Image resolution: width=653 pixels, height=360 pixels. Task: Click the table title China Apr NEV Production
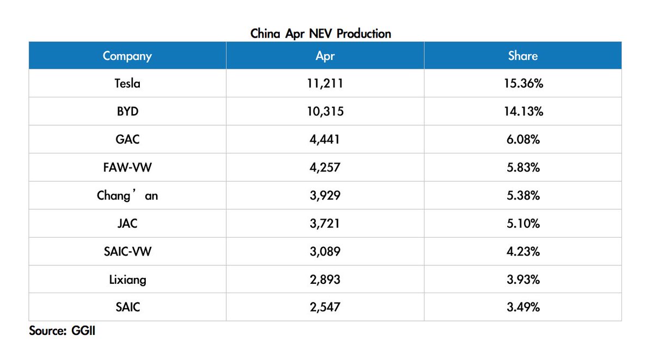[x=321, y=34]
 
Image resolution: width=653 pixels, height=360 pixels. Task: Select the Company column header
[x=127, y=56]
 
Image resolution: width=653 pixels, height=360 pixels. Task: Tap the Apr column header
[x=325, y=56]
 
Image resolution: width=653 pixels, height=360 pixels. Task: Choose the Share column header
[x=523, y=55]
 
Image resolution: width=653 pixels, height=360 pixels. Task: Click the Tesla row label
[x=127, y=84]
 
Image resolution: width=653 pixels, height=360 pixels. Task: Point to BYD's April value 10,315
[x=325, y=111]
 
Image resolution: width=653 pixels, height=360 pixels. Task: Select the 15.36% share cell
[x=523, y=84]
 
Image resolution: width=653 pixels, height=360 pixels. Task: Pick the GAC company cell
[x=127, y=140]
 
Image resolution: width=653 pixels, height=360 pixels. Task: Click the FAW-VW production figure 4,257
[x=325, y=167]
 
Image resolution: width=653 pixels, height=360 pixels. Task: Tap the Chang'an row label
[x=127, y=195]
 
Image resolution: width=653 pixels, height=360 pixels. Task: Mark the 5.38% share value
[x=523, y=195]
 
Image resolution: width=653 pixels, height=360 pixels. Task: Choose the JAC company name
[x=127, y=224]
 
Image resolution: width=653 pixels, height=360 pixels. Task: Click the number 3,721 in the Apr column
[x=325, y=224]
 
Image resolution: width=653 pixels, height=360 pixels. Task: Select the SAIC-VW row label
[x=128, y=251]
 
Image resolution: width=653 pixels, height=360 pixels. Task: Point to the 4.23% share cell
[x=523, y=251]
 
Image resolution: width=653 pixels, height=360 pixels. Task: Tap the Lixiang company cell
[x=128, y=280]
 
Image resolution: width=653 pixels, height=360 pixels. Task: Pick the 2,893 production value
[x=325, y=280]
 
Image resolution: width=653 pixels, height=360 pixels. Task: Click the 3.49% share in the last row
[x=523, y=307]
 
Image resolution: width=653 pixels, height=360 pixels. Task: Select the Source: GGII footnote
[x=62, y=331]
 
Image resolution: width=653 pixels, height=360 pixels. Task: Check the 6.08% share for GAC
[x=523, y=140]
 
